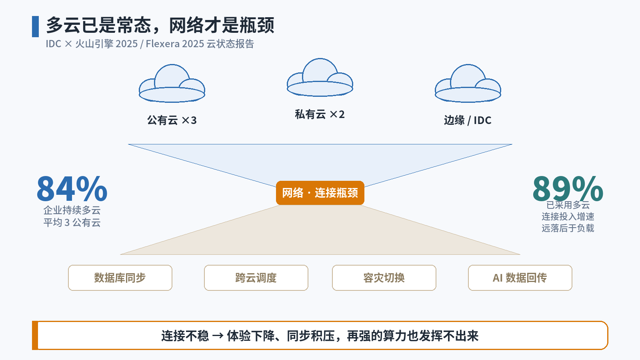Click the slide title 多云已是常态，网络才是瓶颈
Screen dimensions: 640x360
click(160, 25)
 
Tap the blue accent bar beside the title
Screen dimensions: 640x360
click(36, 26)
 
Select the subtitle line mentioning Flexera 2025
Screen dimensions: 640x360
click(150, 44)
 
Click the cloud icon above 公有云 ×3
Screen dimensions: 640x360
click(172, 83)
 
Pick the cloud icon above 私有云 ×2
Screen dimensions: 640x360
click(320, 77)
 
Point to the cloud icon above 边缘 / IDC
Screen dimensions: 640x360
click(468, 83)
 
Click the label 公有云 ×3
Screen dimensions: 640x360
click(172, 120)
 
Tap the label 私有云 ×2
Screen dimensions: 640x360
click(320, 114)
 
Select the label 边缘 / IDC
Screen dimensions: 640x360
click(468, 120)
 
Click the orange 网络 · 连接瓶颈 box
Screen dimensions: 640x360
click(320, 193)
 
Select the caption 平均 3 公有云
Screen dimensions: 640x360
click(72, 222)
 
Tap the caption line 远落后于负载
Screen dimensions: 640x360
click(568, 228)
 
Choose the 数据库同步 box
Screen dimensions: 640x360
click(120, 278)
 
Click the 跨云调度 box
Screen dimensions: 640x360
click(256, 278)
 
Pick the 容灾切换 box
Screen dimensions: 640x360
click(384, 278)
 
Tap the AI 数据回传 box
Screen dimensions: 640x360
click(520, 278)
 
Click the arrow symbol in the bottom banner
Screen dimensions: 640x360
click(218, 336)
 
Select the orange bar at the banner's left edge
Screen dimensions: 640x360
click(35, 336)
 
